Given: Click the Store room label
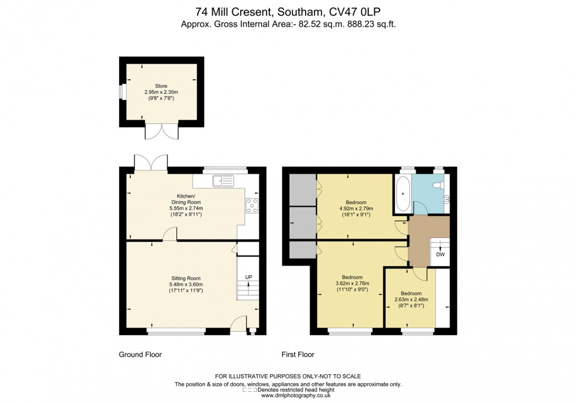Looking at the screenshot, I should (161, 86).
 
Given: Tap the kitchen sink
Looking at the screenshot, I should (223, 181).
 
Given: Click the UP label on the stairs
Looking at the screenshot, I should (248, 276).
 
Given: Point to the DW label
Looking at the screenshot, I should (440, 255).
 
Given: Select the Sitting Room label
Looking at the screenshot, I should (186, 278).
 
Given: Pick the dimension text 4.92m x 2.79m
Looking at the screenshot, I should (356, 209).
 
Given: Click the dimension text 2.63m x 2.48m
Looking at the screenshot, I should (411, 300).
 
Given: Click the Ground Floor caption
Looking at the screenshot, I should (140, 355).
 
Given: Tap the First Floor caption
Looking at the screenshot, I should (298, 355).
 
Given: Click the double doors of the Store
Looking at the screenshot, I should (161, 131).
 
